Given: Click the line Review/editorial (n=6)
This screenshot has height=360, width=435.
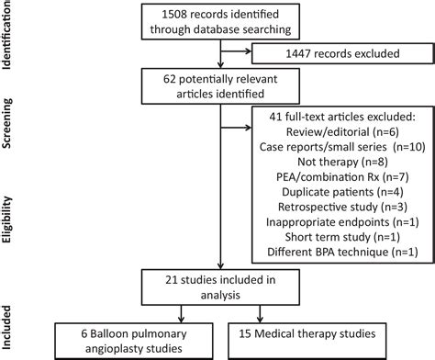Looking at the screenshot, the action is point(336,134).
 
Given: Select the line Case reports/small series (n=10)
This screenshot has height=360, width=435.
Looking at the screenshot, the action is point(336,150).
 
